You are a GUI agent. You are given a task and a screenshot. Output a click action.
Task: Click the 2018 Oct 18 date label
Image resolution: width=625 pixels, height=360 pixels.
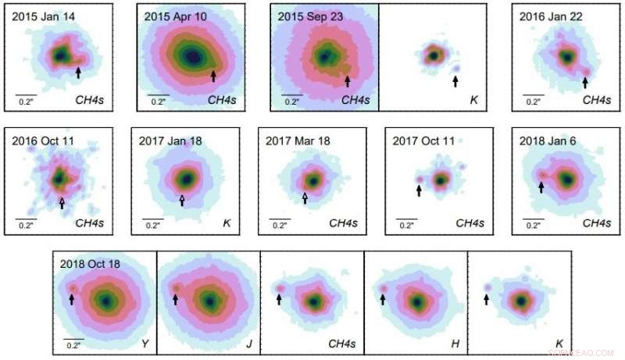click(x=91, y=263)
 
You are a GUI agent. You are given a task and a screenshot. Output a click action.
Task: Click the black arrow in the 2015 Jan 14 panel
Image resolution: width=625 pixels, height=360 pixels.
click(x=78, y=73)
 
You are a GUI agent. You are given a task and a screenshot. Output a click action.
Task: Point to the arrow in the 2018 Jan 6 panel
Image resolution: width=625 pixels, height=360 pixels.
click(x=541, y=187)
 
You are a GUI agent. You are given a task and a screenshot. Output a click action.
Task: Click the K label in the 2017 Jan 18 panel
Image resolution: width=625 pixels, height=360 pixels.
click(x=226, y=223)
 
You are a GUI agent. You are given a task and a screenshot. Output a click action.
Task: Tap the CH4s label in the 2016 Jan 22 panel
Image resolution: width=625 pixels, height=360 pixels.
click(x=595, y=100)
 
